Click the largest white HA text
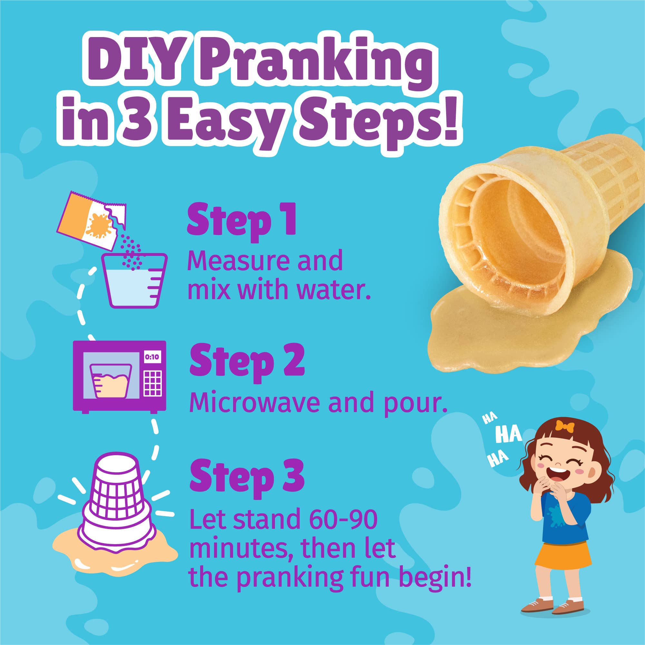pyautogui.click(x=508, y=435)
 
